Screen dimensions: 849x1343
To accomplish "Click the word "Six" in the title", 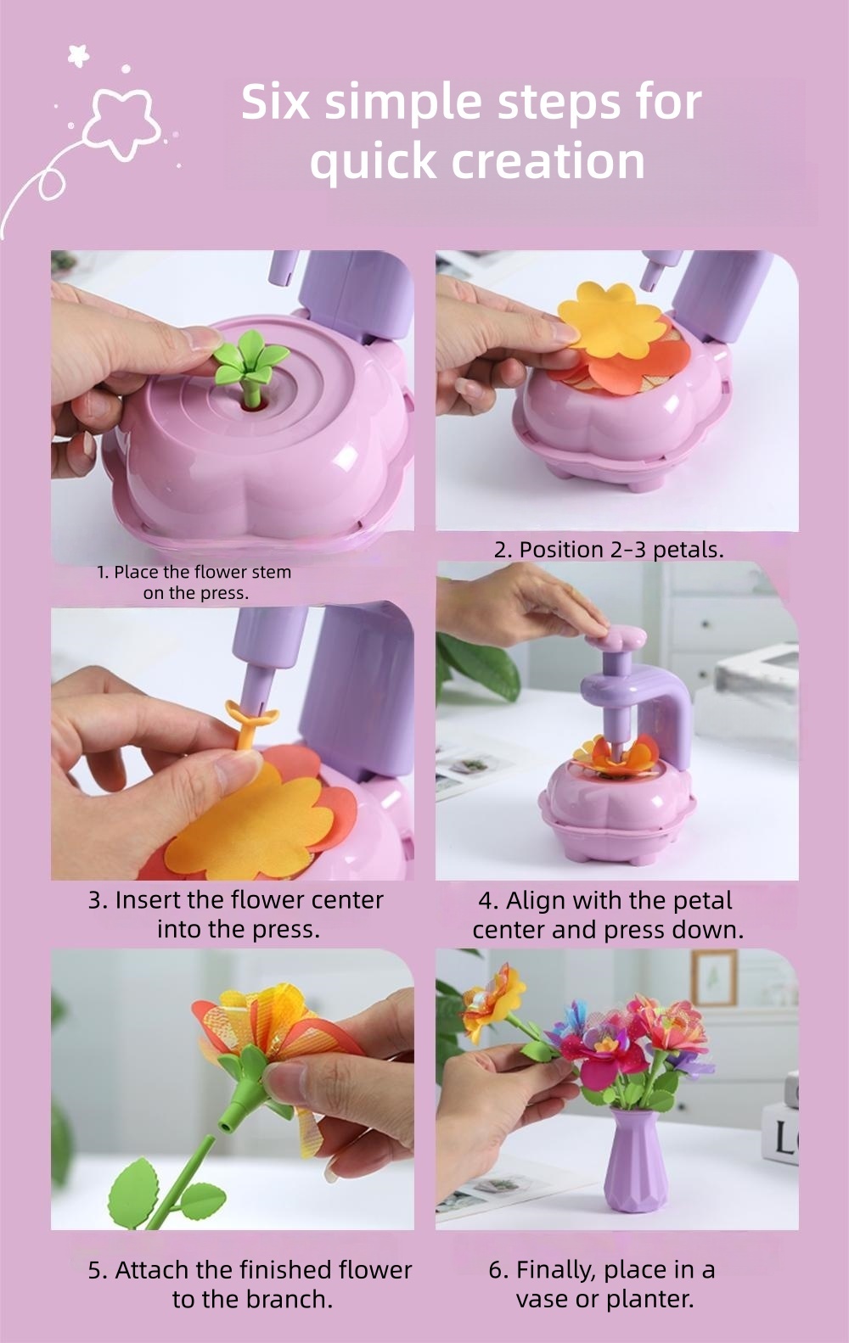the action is pyautogui.click(x=276, y=102).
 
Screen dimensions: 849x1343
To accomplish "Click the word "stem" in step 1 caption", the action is pyautogui.click(x=271, y=572).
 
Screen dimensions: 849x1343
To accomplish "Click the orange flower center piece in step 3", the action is pyautogui.click(x=249, y=723).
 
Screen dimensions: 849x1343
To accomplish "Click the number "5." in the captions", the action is pyautogui.click(x=98, y=1270).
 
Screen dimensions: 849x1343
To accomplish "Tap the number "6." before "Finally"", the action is pyautogui.click(x=498, y=1270).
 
